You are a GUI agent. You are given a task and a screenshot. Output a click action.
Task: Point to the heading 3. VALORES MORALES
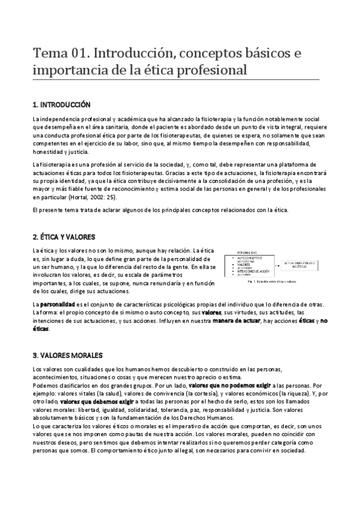click(68, 355)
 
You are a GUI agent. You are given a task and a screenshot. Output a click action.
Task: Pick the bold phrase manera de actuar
click(234, 321)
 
